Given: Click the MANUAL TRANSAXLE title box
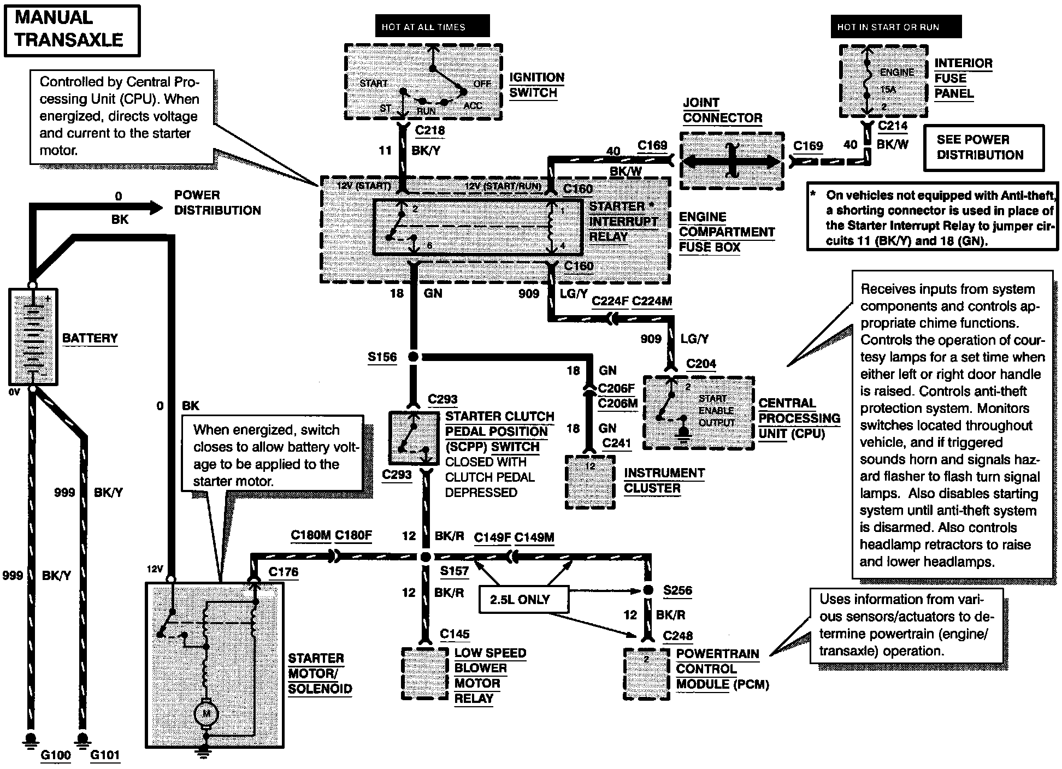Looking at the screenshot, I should tap(72, 30).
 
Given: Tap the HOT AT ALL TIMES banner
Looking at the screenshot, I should tap(423, 27).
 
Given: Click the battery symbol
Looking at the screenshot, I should tap(33, 336).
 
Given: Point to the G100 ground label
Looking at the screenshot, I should tap(56, 755).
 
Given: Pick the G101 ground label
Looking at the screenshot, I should tap(105, 755).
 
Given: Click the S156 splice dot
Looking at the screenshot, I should tap(414, 357).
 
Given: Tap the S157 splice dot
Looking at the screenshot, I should tap(426, 557).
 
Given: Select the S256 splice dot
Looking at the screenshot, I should tap(648, 590).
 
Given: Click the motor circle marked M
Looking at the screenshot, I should tap(206, 713).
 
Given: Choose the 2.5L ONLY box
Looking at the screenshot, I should tap(520, 600).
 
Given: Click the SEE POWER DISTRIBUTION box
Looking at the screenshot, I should tap(983, 147).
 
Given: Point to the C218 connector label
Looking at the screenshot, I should tap(430, 131).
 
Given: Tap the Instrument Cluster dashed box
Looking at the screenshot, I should tap(589, 482).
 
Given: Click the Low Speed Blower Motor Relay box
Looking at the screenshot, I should tap(424, 673).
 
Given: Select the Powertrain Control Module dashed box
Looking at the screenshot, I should tap(646, 673).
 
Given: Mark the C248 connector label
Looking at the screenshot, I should tap(678, 636).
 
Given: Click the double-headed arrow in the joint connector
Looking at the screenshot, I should tap(731, 162).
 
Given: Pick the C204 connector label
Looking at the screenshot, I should tap(701, 364).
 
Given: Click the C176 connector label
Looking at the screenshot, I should tap(284, 572).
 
